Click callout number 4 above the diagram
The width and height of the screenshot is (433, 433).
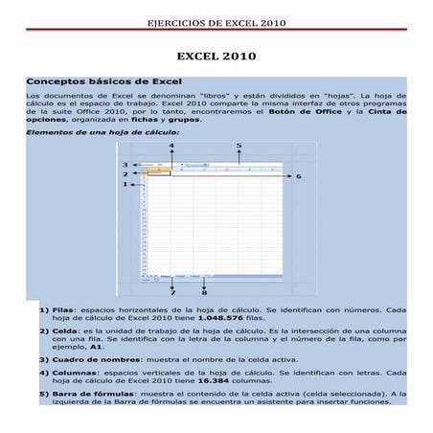pyautogui.click(x=171, y=147)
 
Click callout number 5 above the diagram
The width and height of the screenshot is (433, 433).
pyautogui.click(x=239, y=147)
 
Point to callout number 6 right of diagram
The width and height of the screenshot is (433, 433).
pyautogui.click(x=298, y=176)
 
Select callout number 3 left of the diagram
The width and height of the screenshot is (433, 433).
pyautogui.click(x=125, y=165)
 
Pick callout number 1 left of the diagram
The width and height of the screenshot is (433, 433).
pyautogui.click(x=125, y=185)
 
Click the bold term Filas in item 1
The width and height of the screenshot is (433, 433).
pyautogui.click(x=63, y=310)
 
